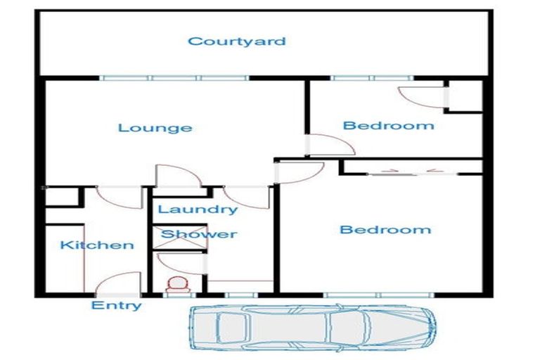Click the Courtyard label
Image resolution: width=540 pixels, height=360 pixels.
[236, 41]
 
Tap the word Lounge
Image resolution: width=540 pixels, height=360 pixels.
[155, 127]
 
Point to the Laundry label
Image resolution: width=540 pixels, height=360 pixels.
[197, 209]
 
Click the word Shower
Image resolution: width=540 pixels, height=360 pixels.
[199, 233]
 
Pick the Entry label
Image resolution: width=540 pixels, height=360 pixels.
[117, 305]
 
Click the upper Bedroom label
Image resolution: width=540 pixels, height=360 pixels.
[388, 126]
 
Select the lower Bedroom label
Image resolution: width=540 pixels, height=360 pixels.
[385, 229]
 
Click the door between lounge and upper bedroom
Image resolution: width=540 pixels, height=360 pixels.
[330, 144]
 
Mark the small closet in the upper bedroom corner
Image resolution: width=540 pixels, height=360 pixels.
[465, 96]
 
